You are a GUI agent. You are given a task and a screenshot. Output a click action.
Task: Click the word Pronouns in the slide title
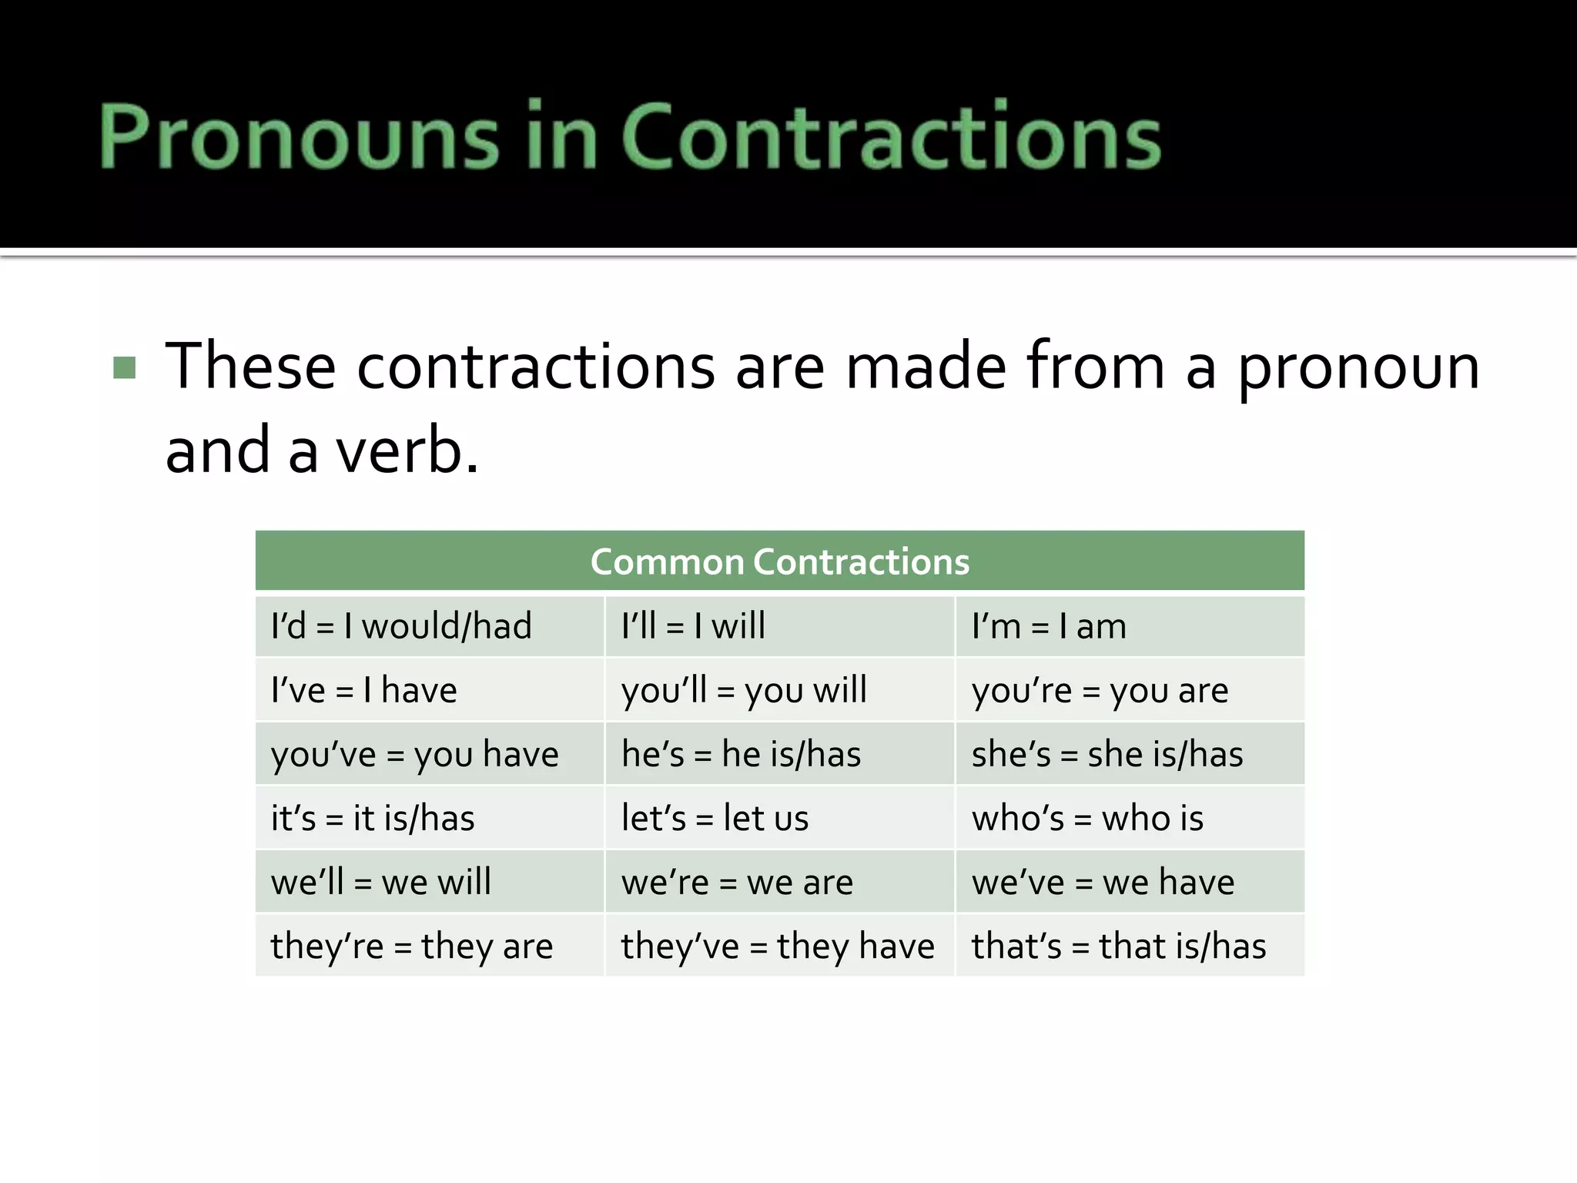click(299, 137)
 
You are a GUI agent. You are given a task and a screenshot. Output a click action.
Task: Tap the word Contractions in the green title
click(890, 137)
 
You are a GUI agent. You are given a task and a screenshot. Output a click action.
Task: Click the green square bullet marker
click(124, 367)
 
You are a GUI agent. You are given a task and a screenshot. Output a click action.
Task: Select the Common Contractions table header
click(779, 561)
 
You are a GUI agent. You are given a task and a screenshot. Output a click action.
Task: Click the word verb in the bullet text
click(407, 451)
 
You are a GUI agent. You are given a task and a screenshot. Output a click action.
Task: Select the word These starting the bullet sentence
click(251, 367)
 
